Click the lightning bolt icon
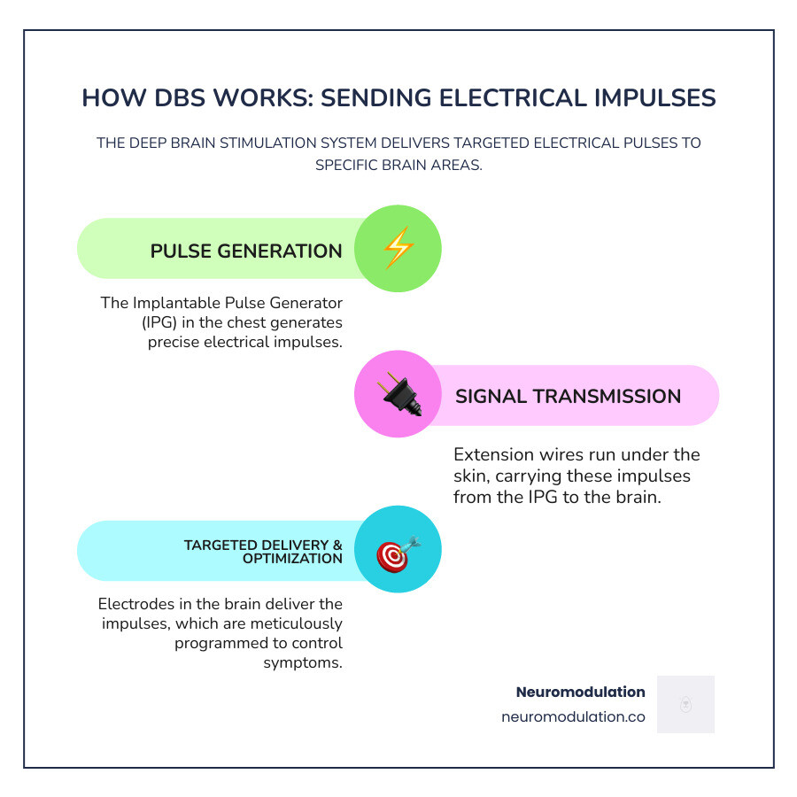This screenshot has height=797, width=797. [398, 249]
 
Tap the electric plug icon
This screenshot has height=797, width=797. [398, 395]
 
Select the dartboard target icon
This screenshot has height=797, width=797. [398, 551]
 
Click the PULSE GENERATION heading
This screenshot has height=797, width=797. [246, 251]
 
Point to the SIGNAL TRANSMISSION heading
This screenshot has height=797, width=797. [568, 396]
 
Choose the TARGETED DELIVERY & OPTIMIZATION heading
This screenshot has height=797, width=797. [263, 552]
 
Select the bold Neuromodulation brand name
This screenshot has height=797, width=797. [580, 692]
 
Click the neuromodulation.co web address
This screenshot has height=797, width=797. [573, 717]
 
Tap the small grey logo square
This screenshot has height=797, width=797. [685, 704]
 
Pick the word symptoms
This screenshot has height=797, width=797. [303, 662]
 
